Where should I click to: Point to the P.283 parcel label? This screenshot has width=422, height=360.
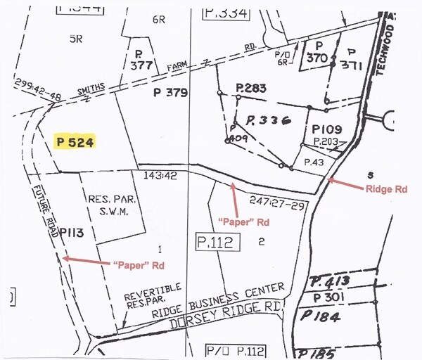[250, 88]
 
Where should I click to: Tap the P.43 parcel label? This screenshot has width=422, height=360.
[313, 162]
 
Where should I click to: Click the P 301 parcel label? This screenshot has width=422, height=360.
[330, 299]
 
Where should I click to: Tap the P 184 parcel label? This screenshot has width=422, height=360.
[324, 317]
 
